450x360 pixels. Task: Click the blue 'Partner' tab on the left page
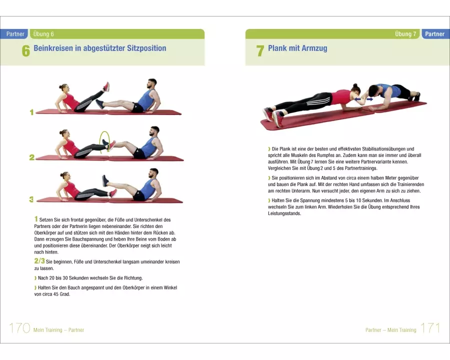coord(14,34)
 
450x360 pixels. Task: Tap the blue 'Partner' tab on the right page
coord(435,34)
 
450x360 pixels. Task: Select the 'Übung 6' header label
coord(43,34)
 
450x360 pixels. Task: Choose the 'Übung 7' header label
coord(405,34)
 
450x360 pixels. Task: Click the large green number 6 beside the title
coord(26,51)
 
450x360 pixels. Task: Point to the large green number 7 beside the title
coord(260,51)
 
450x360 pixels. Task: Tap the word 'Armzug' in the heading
coord(314,48)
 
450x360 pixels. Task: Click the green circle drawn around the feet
coord(100,142)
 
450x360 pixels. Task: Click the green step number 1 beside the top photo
coord(31,112)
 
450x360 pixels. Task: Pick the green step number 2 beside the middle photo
coord(32,157)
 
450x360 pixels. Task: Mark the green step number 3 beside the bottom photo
coord(31,199)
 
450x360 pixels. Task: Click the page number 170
coord(19,328)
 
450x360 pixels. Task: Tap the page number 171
coord(430,328)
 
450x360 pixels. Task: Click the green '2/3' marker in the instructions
coord(39,260)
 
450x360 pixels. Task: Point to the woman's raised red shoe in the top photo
coord(106,87)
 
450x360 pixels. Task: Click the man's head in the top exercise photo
coord(152,84)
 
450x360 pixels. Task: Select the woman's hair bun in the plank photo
coord(355,85)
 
